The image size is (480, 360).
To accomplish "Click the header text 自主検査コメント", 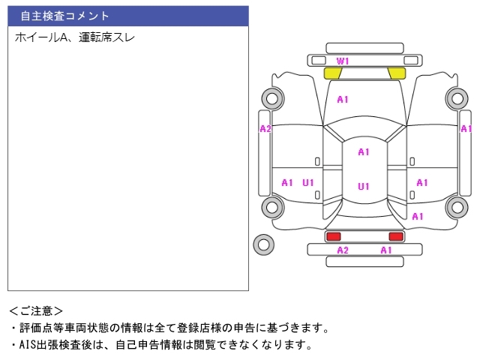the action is click(65, 16).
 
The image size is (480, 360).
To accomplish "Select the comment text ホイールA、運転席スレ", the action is click(75, 37).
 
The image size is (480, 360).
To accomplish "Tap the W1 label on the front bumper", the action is click(343, 61).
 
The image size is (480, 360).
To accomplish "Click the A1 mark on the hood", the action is click(343, 100).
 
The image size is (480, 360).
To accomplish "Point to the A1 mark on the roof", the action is click(364, 151).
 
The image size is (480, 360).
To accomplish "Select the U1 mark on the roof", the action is click(364, 186).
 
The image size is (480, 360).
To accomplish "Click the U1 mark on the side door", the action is click(308, 183).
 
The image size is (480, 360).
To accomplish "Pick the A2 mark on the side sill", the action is click(265, 129).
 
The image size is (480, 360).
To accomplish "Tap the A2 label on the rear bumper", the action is click(343, 250).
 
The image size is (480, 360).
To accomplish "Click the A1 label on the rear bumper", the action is click(386, 250).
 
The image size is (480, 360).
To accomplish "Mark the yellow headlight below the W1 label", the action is click(332, 73).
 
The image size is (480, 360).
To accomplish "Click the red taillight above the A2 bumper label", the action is click(333, 237).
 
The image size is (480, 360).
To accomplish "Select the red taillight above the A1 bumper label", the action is click(396, 237).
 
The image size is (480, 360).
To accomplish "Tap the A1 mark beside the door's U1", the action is click(287, 183).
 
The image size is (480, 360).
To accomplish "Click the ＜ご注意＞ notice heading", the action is click(36, 311).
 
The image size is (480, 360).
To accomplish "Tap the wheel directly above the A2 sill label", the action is click(272, 98).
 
